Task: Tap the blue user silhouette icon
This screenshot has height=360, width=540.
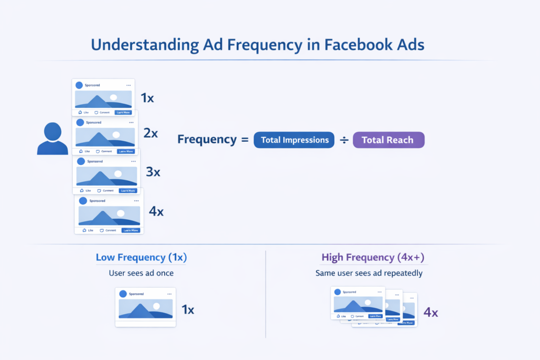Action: [x=53, y=139]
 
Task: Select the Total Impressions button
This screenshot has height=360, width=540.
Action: [x=294, y=140]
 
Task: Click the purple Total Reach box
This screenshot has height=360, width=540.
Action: [x=388, y=140]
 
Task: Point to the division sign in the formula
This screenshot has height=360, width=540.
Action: [x=343, y=140]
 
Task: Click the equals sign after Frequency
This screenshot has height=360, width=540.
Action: [x=244, y=140]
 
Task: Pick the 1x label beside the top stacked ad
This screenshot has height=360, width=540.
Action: [x=147, y=98]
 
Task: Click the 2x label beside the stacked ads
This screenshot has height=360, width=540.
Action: [x=151, y=133]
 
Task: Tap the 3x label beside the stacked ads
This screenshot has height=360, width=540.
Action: [x=153, y=172]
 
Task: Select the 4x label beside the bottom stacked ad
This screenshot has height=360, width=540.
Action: [x=156, y=212]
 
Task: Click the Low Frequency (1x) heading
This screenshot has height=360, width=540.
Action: [x=141, y=258]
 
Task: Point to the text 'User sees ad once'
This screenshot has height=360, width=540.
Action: [x=141, y=273]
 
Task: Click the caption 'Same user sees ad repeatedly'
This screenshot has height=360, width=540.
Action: [x=369, y=273]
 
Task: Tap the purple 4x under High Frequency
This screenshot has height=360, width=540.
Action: [x=431, y=313]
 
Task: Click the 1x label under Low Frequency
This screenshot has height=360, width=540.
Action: [x=188, y=310]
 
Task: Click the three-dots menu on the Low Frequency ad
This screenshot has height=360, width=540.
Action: [x=169, y=294]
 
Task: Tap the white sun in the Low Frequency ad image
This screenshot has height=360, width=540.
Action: [x=156, y=306]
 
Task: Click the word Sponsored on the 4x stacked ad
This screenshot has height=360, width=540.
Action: [x=97, y=201]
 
